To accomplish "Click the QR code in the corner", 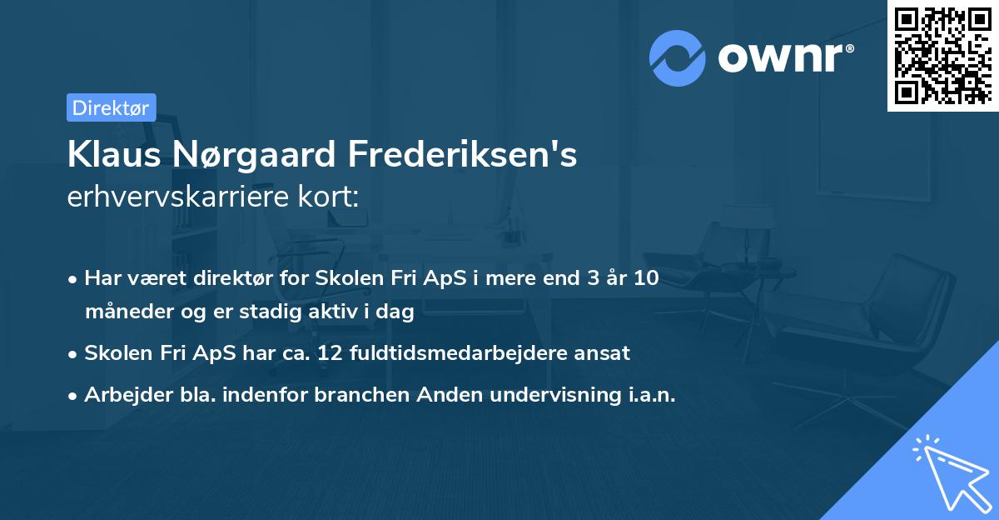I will pos(942,55).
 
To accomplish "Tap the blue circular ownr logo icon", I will pos(678,58).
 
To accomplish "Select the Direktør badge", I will pos(111,107).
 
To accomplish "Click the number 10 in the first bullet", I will pos(645,278).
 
